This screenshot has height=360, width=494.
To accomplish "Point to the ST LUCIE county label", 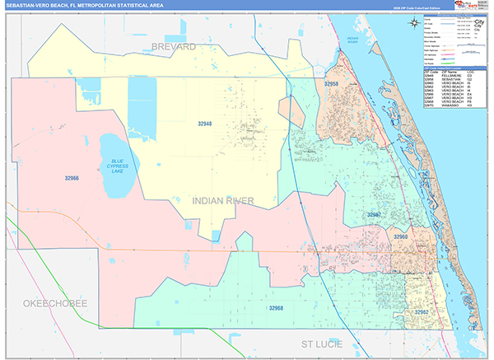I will click(321, 343).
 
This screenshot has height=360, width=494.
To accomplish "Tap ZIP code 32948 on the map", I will click(205, 124).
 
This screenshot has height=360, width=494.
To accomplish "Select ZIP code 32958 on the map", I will click(331, 84).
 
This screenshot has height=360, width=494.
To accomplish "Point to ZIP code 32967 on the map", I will click(375, 214).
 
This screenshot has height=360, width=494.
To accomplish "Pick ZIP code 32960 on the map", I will click(400, 237).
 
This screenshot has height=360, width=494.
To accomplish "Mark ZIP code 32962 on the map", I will click(421, 312).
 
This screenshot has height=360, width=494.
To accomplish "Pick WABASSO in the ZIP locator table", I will click(448, 106).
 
